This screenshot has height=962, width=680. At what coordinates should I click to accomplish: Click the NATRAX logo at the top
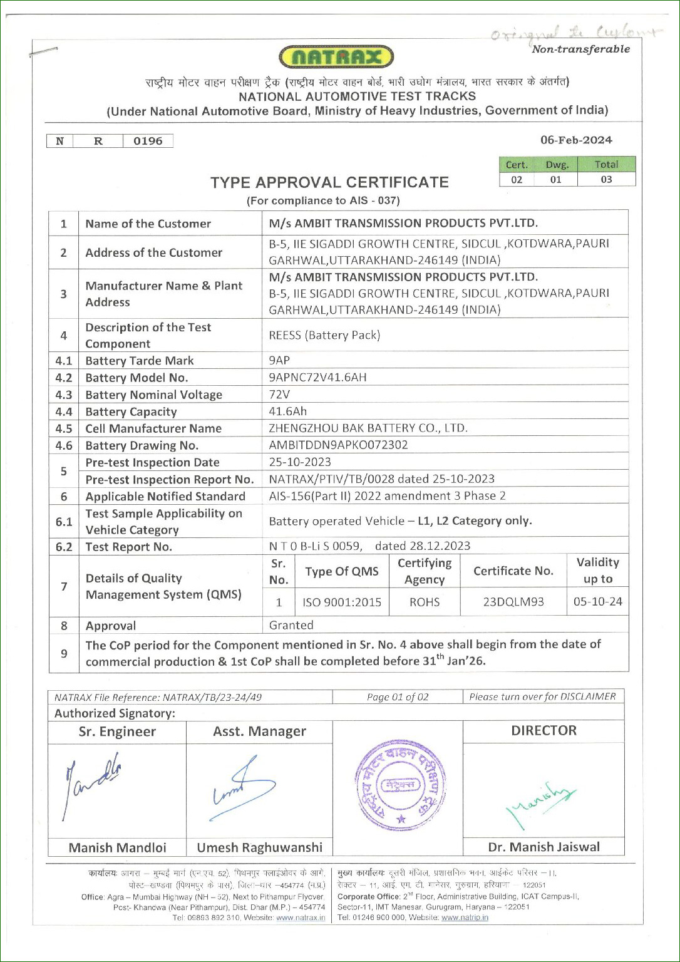(336, 58)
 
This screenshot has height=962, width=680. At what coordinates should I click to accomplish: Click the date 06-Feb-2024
(576, 140)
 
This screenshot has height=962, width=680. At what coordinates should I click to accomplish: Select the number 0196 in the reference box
(148, 141)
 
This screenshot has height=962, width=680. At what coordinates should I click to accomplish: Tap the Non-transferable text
(580, 49)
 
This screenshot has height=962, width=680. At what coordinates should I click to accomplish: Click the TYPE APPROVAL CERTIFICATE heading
(329, 182)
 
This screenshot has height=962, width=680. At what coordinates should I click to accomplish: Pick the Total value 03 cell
(606, 180)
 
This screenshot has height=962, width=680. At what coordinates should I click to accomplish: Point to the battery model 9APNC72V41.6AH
(317, 378)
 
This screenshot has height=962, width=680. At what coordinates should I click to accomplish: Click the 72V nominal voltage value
(279, 395)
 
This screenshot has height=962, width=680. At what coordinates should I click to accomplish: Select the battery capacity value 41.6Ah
(287, 411)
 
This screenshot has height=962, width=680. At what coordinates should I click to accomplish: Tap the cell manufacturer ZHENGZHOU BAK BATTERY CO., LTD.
(368, 428)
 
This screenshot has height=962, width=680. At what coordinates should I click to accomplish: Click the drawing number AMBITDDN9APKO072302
(338, 445)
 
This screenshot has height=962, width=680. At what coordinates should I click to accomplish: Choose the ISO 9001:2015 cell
(342, 603)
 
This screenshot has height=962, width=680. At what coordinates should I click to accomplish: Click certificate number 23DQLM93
(513, 603)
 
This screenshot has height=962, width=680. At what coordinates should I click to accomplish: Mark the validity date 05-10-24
(598, 602)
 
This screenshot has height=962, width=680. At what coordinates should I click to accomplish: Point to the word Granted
(291, 626)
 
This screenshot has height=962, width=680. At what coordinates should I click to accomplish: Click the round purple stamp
(401, 785)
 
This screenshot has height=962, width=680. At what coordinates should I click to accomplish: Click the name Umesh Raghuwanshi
(259, 848)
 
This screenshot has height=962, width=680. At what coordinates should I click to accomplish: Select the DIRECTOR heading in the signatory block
(543, 731)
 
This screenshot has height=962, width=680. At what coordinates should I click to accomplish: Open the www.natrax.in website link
(301, 918)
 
